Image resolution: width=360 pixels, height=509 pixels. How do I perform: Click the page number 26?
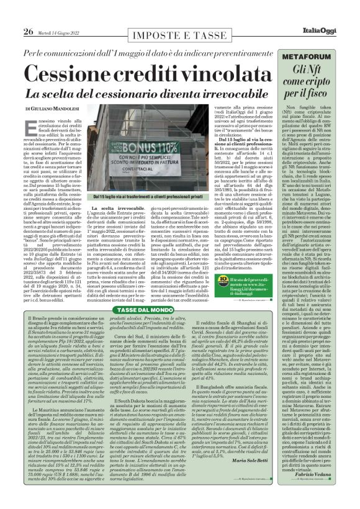[x=29, y=32]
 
